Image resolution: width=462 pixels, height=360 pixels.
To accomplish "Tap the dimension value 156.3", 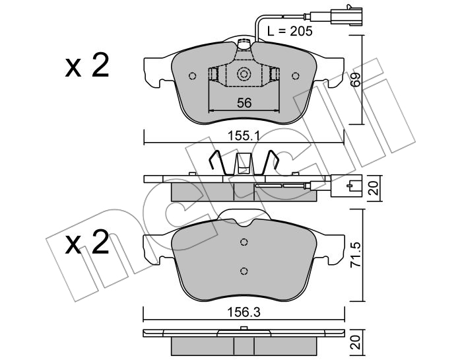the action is click(244, 312).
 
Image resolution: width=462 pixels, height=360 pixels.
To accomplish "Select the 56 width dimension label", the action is click(244, 103).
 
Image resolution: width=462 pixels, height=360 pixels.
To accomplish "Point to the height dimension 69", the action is click(356, 79).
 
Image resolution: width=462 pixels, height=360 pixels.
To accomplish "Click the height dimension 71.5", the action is click(356, 256).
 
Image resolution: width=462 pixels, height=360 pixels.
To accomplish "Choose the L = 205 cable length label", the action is click(290, 31).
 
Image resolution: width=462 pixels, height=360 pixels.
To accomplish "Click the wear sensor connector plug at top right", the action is click(346, 16).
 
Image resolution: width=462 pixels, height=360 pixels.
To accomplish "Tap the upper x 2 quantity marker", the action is click(87, 65).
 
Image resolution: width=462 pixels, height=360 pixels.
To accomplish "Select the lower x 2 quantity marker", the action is click(87, 242).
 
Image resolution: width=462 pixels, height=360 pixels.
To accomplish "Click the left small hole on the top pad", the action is click(192, 76).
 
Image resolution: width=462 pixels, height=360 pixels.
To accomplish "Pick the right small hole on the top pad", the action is click(296, 76).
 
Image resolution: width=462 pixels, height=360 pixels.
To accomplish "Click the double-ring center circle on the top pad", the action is click(244, 74).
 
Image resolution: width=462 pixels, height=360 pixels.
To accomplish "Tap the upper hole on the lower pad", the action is click(244, 242).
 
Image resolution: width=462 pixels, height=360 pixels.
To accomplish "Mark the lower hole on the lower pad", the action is click(244, 271).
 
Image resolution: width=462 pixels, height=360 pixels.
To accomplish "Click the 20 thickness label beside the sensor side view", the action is click(374, 188).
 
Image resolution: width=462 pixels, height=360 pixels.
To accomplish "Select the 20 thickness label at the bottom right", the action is click(357, 342).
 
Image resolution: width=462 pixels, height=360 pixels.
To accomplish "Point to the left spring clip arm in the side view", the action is click(217, 162).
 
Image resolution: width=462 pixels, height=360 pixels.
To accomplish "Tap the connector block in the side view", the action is click(346, 186).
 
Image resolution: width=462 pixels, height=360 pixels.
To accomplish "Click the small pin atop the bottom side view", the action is click(244, 328).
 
